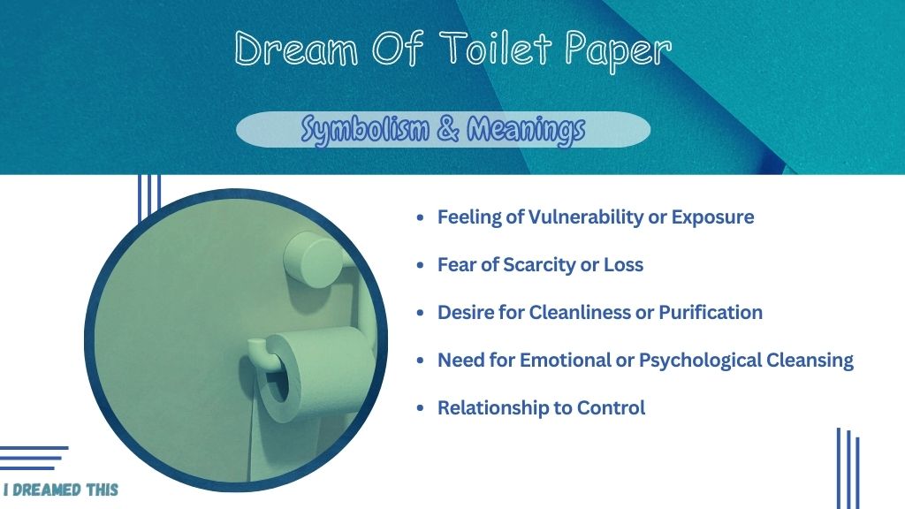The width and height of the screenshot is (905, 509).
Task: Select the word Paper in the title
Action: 618,51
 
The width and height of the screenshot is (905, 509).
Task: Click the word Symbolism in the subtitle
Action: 365,130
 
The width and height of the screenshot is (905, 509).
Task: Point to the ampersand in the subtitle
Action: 448,128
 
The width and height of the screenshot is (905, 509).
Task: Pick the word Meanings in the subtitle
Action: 526,130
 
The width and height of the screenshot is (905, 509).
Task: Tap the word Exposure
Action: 713,218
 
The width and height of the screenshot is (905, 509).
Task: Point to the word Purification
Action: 711,312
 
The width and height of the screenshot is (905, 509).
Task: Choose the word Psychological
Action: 700,361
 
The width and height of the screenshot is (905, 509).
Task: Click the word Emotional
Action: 565,361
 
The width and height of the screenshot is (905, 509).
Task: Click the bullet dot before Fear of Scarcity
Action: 420,265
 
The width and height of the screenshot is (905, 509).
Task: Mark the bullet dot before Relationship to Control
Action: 420,408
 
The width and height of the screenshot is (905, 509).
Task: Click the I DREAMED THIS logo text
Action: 61,490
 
